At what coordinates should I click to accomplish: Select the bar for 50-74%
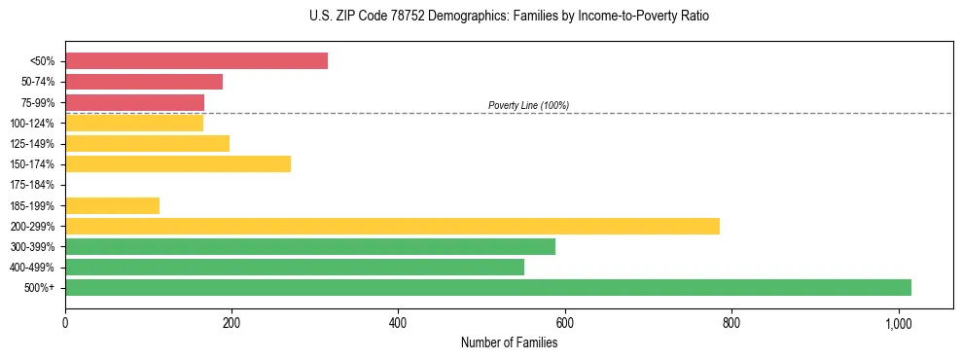pos(144,82)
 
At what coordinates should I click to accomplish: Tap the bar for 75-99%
pos(134,102)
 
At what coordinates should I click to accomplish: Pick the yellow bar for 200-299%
pos(392,226)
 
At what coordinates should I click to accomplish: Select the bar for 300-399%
pos(310,246)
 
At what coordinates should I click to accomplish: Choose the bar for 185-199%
pos(112,205)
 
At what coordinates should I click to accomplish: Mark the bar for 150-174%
pos(178,163)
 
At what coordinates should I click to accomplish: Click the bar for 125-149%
pos(147,143)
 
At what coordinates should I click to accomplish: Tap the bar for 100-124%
pos(134,123)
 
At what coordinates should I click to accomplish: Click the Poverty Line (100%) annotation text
pos(528,105)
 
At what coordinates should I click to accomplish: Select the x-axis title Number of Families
pos(509,342)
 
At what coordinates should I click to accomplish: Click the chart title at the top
pos(509,17)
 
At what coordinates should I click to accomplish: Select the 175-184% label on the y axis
pos(32,185)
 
